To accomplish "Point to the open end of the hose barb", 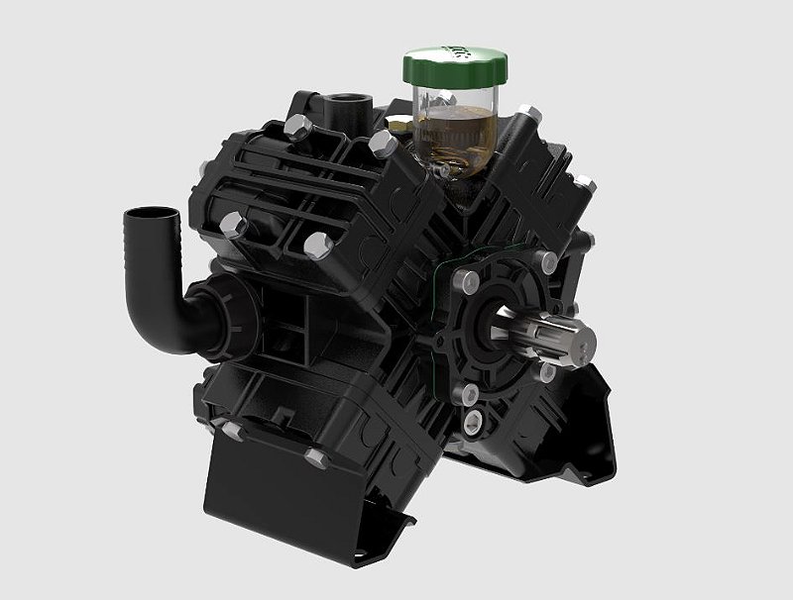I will pyautogui.click(x=149, y=214).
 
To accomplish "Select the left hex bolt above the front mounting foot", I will pyautogui.click(x=232, y=431).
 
